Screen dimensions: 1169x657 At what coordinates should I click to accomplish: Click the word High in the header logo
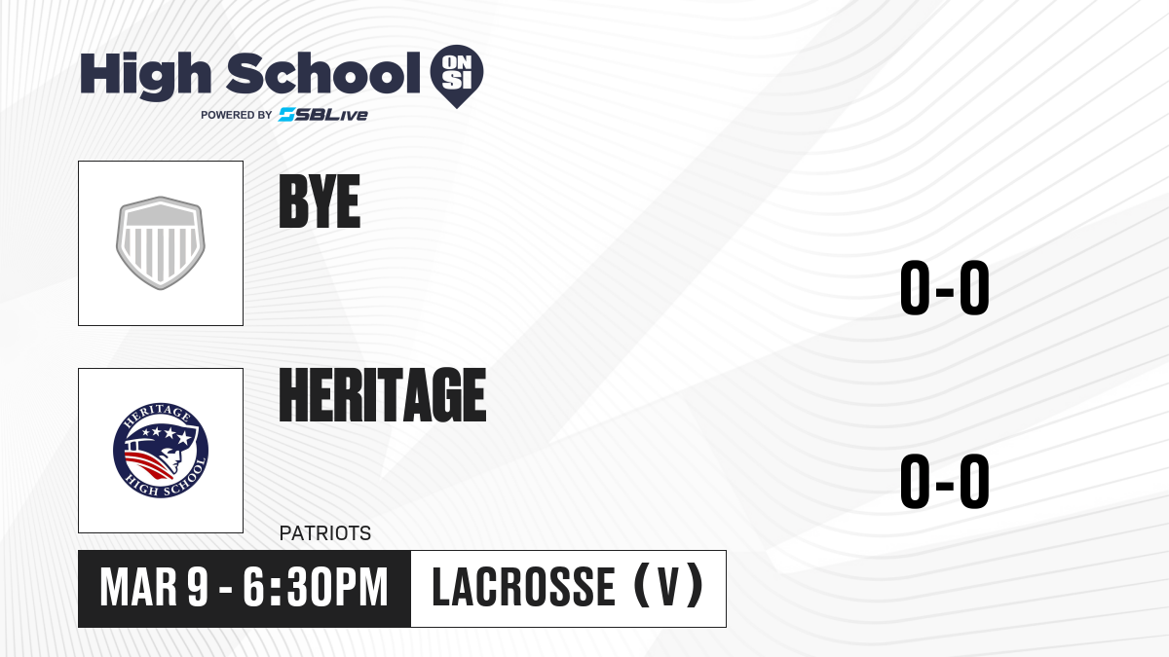[146, 75]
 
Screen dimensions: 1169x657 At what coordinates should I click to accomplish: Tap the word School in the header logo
[323, 73]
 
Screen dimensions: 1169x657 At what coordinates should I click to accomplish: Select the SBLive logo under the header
[323, 115]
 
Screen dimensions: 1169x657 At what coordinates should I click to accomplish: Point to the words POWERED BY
[237, 115]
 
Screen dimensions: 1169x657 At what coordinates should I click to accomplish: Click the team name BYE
[320, 201]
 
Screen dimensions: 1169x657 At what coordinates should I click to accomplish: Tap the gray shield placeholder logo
[161, 243]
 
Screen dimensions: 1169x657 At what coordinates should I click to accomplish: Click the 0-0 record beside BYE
[945, 287]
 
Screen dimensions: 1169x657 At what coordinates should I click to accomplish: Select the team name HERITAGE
[383, 394]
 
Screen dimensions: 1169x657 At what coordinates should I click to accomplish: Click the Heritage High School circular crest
[161, 451]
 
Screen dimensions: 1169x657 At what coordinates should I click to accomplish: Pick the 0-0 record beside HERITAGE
[945, 481]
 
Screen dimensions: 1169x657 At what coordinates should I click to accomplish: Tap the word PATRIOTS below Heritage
[325, 533]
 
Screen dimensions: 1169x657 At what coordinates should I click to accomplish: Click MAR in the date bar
[138, 588]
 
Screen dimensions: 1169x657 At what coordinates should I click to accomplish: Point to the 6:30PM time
[316, 588]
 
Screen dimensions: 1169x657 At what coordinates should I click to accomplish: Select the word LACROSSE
[524, 588]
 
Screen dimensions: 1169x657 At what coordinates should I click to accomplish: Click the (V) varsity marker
[668, 586]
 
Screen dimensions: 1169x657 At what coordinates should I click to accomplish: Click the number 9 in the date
[199, 588]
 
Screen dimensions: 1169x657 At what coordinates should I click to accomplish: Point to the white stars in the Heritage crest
[166, 434]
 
